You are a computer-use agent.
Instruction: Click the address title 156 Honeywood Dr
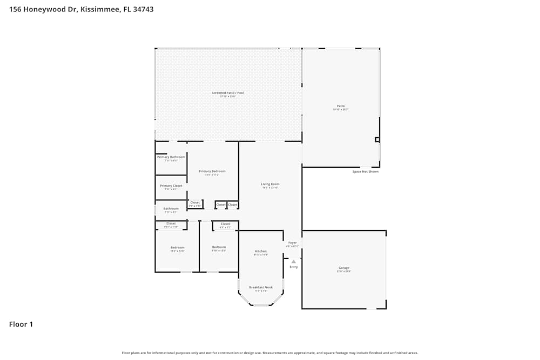[81, 9]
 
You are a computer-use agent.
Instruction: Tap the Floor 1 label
[21, 324]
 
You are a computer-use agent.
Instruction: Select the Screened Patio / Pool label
[227, 93]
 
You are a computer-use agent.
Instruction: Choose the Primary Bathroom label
[171, 158]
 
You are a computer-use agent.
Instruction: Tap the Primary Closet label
[171, 186]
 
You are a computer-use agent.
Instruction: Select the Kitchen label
[261, 252]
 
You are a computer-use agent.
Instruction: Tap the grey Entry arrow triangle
[294, 262]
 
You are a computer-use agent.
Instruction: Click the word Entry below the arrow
[294, 267]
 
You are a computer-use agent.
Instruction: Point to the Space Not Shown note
[366, 172]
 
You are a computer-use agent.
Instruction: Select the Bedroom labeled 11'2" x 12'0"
[178, 248]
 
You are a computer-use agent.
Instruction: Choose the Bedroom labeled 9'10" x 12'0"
[219, 248]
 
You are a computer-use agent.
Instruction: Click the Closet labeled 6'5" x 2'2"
[225, 225]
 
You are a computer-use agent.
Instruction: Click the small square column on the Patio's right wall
[377, 140]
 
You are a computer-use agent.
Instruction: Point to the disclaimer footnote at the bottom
[270, 352]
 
